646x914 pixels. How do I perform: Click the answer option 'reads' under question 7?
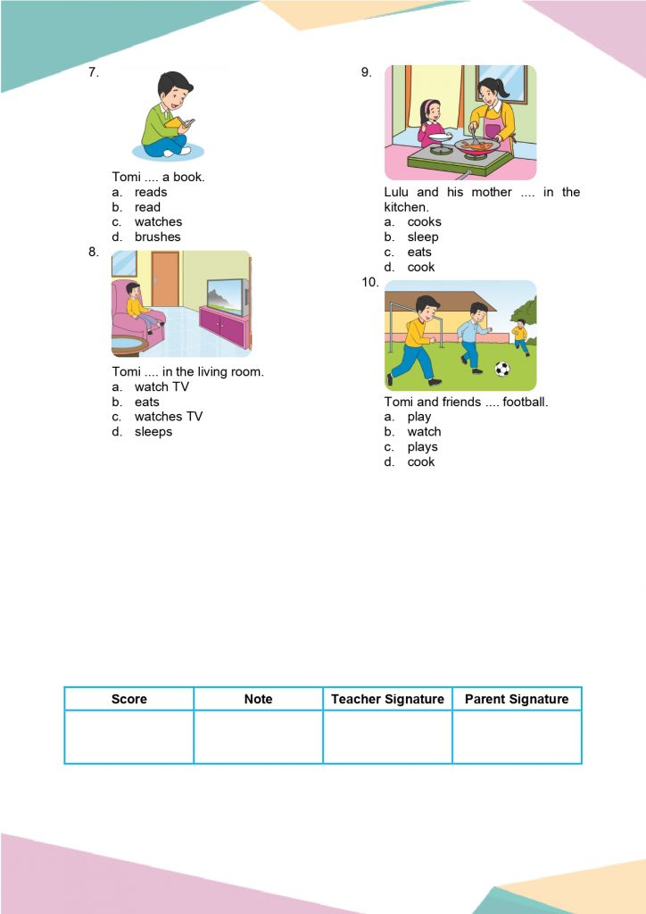coord(150,192)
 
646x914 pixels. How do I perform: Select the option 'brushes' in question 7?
coord(157,237)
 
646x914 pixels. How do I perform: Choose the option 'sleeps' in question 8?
coord(153,432)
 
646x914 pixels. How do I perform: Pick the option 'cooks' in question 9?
coord(424,222)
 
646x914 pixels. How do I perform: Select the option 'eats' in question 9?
coord(419,253)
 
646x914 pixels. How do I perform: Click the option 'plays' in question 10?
coord(422,447)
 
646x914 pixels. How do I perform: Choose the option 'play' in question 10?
coord(418,417)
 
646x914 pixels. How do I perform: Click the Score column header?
coord(129,699)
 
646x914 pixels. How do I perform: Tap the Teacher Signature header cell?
coord(387,699)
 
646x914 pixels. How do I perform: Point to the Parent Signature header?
coord(517,699)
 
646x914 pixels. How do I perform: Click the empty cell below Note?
coord(258,737)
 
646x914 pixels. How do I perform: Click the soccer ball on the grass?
coord(502,369)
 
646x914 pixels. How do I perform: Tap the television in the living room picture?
coord(227,295)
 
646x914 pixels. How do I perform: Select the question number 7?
coord(93,72)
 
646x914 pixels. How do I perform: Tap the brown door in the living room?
coord(165,278)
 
